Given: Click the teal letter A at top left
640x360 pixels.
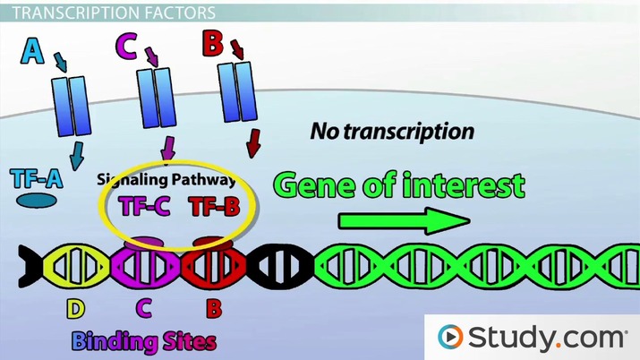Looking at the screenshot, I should coord(32,50).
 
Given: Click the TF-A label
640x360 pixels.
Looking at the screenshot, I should coord(37,177).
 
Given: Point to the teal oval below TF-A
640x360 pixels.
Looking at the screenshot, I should coord(38,202).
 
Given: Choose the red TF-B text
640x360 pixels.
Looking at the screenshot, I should coord(214,207).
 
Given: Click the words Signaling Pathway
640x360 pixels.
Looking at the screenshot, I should coord(166,178).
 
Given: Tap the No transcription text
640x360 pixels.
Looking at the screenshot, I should coord(391,132).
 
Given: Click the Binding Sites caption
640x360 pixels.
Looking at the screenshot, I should coord(144,342).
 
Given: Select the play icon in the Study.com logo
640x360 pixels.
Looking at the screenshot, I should coord(451,337).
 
